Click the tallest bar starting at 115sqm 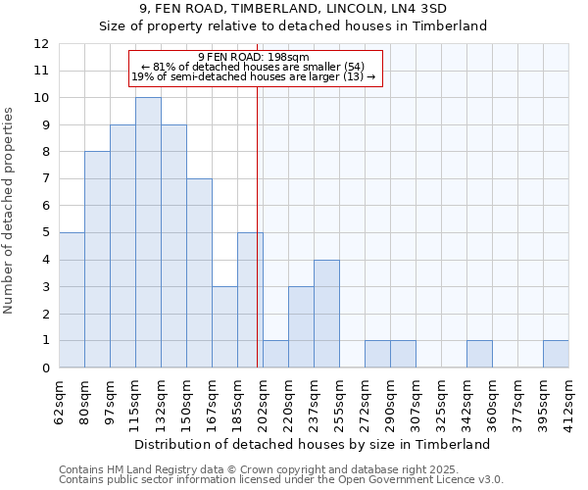(x=148, y=232)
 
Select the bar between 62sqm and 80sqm (x=72, y=300)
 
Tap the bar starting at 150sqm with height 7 (x=199, y=273)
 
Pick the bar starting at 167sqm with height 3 (x=224, y=327)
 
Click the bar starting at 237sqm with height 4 (x=326, y=314)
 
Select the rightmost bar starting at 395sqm (x=556, y=354)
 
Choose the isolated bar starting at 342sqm (x=479, y=354)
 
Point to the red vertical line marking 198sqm (x=257, y=225)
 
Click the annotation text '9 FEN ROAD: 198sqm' (x=254, y=57)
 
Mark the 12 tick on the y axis (x=41, y=44)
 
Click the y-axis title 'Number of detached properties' (x=10, y=212)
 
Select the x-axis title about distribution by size (x=312, y=444)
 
